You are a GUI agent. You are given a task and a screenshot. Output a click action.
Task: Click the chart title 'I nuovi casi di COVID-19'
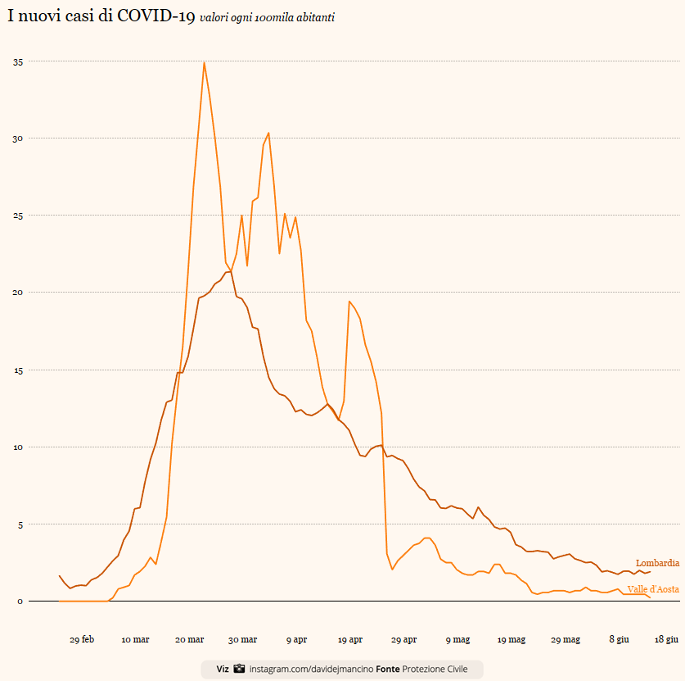click(x=101, y=16)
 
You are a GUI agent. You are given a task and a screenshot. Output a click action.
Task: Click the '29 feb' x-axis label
click(x=82, y=639)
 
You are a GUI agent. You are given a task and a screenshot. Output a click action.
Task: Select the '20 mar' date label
click(x=189, y=639)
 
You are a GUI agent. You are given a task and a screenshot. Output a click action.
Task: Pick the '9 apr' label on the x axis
click(x=296, y=639)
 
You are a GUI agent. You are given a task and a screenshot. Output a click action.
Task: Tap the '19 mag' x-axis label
click(x=511, y=639)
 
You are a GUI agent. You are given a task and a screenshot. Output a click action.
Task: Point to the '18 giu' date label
click(x=666, y=639)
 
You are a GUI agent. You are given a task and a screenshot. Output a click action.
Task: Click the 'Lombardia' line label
click(x=657, y=563)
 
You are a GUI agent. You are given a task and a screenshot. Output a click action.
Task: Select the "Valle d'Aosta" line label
click(x=653, y=589)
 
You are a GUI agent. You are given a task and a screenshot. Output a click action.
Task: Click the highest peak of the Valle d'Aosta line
click(x=204, y=62)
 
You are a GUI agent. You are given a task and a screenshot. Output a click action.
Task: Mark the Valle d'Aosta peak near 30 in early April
click(x=268, y=133)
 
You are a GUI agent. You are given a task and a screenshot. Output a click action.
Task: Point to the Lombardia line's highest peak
click(x=231, y=271)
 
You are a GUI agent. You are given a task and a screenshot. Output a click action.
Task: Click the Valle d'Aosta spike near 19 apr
click(x=349, y=302)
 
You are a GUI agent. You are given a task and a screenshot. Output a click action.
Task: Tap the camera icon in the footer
click(x=239, y=670)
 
